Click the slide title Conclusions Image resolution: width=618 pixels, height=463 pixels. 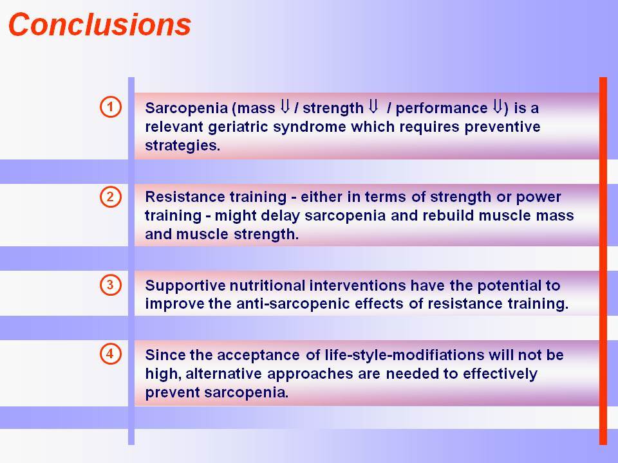pos(100,25)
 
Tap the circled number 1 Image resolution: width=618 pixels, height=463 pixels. pos(111,107)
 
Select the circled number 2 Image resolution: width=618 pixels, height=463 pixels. pos(111,197)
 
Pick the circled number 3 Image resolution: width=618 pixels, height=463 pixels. pos(111,285)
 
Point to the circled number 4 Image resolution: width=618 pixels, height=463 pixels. pos(111,354)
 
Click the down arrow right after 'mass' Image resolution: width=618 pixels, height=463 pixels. pos(285,106)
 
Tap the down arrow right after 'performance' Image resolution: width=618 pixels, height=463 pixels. pos(498,106)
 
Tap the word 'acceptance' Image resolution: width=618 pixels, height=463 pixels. pos(258,356)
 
